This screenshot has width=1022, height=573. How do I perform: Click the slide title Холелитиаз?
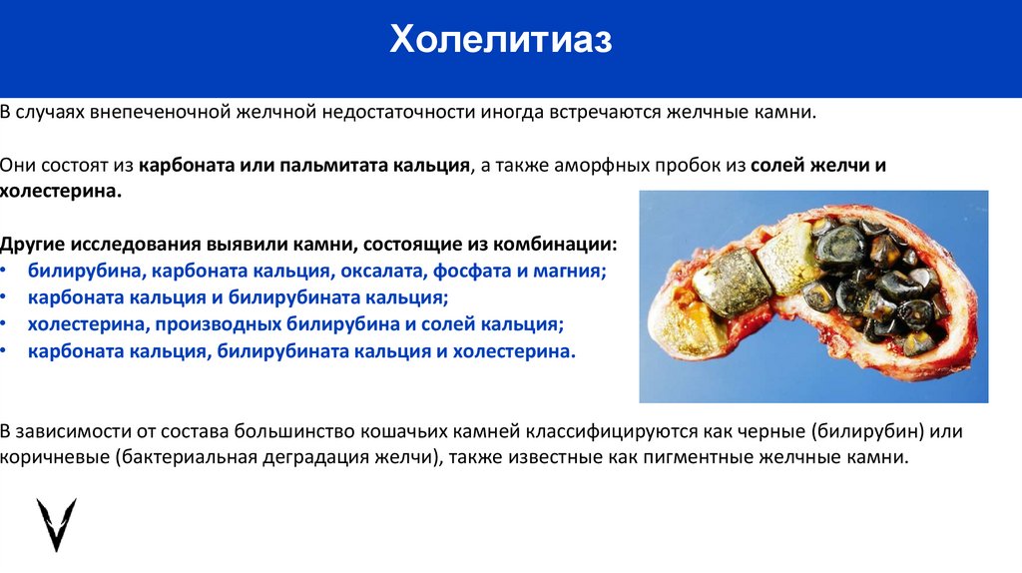500,41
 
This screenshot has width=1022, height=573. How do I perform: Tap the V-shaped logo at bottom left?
56,524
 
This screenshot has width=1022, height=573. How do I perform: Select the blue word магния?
572,272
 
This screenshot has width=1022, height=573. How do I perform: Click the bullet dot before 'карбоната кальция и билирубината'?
5,298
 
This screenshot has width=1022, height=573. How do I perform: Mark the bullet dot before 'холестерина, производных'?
5,325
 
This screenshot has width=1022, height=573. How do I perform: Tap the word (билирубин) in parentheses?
866,432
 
